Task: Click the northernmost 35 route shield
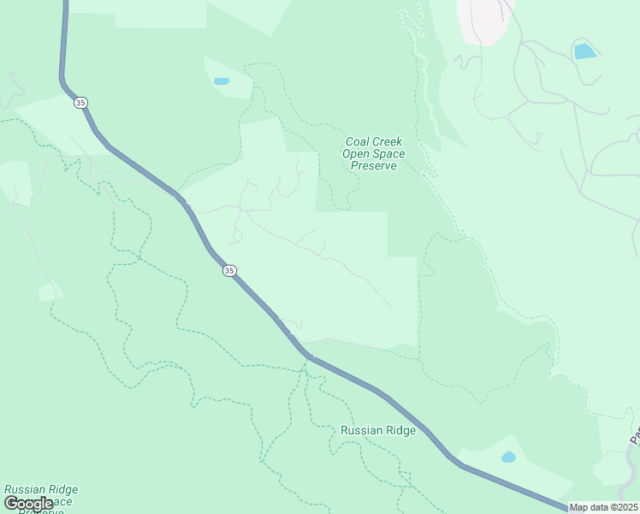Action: tap(80, 103)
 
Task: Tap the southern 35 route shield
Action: tap(229, 271)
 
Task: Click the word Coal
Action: tap(358, 142)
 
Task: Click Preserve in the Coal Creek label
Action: tap(374, 166)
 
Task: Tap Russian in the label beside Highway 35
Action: tap(359, 431)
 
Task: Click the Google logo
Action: tap(28, 504)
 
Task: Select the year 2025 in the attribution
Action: tap(625, 507)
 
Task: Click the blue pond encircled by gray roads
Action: tap(585, 51)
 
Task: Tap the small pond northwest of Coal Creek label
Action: tap(222, 81)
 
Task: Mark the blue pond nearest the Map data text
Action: tap(508, 457)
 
